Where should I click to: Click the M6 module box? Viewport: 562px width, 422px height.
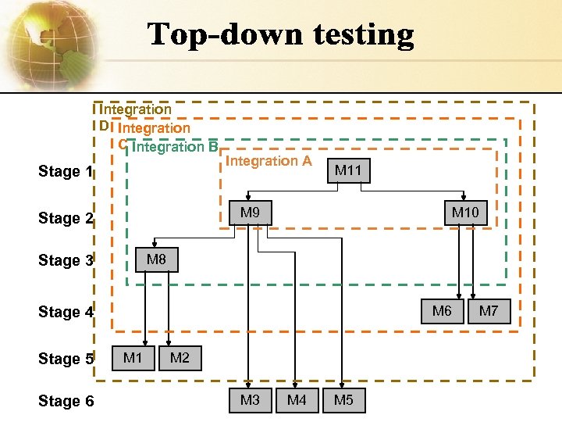pos(442,312)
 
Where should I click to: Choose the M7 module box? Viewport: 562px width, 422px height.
pos(489,312)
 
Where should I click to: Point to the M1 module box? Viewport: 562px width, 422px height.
pos(133,359)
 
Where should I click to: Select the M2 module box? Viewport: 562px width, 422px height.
pos(180,359)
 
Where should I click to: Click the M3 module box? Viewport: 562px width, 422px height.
pos(250,401)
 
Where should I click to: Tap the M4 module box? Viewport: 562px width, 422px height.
pos(297,401)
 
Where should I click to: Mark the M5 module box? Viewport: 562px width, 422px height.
pos(343,401)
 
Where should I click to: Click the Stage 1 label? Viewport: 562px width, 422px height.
pos(66,172)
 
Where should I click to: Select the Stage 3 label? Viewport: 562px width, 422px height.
pos(66,261)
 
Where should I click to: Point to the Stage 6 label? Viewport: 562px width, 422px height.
pos(66,402)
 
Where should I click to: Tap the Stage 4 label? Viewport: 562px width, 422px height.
pos(66,313)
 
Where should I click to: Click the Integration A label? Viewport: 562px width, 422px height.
pos(269,162)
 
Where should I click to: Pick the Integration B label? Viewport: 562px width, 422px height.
pos(175,147)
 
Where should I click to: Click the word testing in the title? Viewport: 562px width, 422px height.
pos(364,35)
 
